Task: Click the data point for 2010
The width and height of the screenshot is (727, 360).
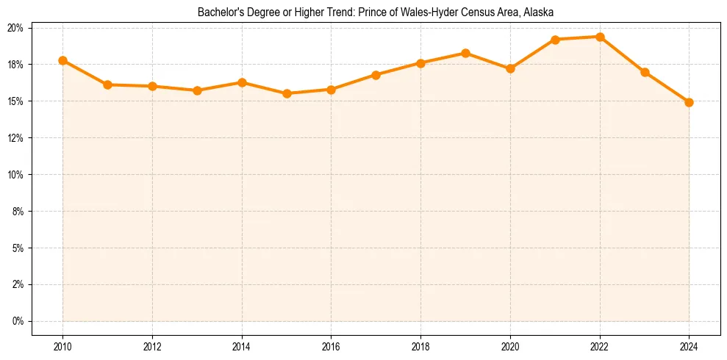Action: [x=63, y=60]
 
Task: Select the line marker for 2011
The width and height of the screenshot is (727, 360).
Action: [x=107, y=84]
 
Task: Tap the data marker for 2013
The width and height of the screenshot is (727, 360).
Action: [x=197, y=90]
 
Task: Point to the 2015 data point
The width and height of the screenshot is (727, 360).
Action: [x=287, y=93]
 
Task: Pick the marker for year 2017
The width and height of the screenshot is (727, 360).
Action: [x=376, y=75]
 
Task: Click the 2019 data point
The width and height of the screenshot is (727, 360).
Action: [x=465, y=53]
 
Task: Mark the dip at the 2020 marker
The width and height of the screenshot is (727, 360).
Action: [x=510, y=68]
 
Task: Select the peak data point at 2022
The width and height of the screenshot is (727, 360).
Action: [x=600, y=37]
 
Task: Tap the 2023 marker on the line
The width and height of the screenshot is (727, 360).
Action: [x=645, y=72]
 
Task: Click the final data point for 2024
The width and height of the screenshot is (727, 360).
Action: [x=689, y=102]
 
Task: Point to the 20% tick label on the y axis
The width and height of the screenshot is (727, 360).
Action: [x=15, y=28]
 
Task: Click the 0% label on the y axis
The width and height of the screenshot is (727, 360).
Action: [x=18, y=321]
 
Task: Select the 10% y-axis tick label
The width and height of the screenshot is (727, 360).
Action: [x=15, y=175]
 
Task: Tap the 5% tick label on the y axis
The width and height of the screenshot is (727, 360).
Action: [x=18, y=248]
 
